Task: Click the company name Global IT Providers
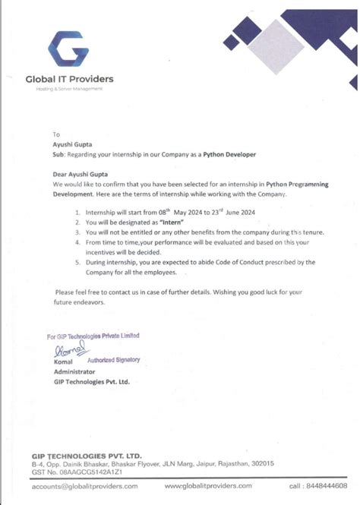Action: [69, 78]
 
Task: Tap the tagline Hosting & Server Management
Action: [69, 89]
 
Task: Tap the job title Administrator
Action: [74, 372]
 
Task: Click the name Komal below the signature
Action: [62, 362]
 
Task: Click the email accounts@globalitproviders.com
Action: [84, 486]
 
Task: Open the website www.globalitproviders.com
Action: [208, 486]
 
